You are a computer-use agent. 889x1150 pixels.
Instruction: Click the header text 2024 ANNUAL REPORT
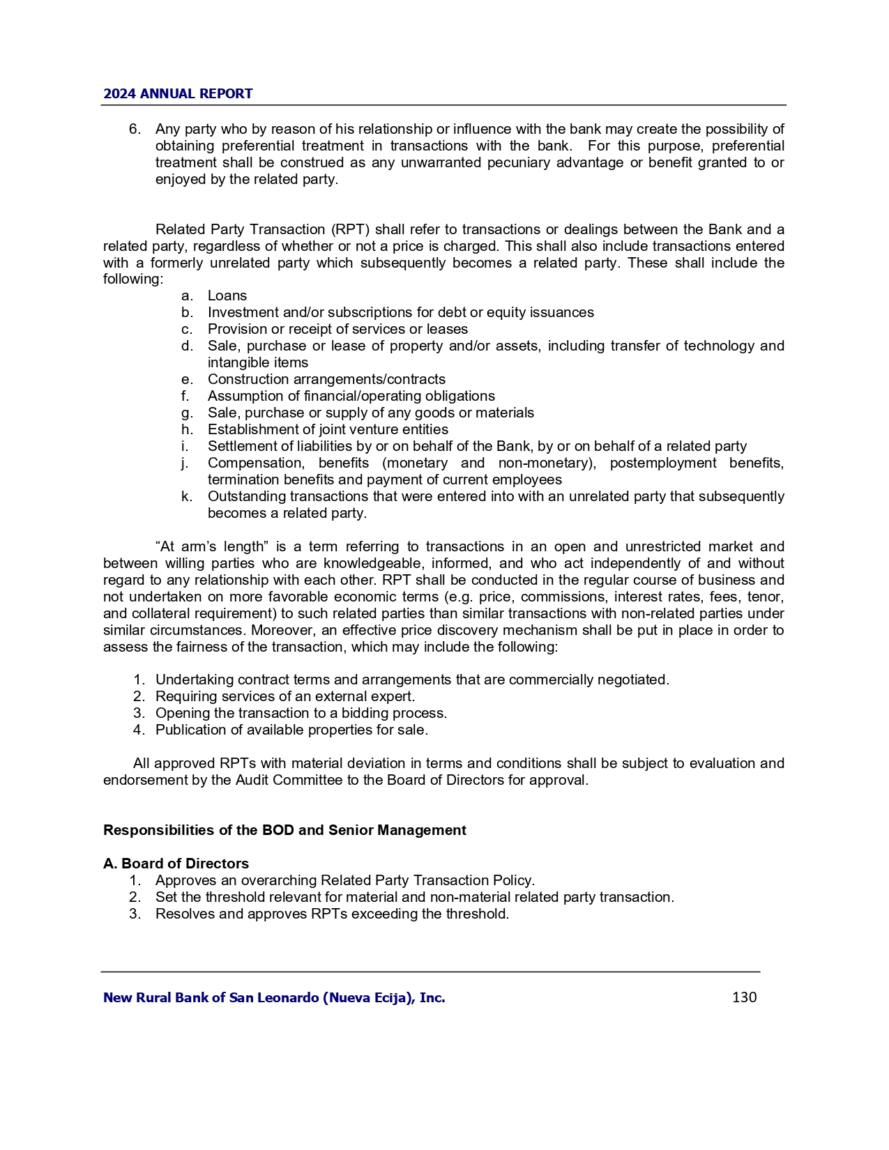178,94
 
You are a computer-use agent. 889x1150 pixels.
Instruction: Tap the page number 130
744,997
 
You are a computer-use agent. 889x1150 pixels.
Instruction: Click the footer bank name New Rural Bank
274,997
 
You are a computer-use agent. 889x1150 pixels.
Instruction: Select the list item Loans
227,296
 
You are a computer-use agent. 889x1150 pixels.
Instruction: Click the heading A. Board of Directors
176,864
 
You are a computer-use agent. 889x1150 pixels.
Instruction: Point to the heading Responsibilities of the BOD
284,830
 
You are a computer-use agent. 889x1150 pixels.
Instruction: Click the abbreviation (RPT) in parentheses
349,229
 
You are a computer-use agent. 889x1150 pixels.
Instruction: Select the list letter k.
186,496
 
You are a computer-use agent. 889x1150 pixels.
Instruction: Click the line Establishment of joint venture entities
328,429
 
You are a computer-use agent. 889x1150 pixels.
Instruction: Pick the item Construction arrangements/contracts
326,379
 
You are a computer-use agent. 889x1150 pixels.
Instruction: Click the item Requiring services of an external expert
285,696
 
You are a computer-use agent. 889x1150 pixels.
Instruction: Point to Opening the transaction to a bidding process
301,713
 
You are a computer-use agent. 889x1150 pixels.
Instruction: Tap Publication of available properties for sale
291,730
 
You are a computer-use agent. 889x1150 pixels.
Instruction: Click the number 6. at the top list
135,129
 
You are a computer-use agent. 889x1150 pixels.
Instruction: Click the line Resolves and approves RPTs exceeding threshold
332,914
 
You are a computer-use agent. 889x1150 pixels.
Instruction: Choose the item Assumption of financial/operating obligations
351,396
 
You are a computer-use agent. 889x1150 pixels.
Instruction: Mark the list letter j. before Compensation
185,463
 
